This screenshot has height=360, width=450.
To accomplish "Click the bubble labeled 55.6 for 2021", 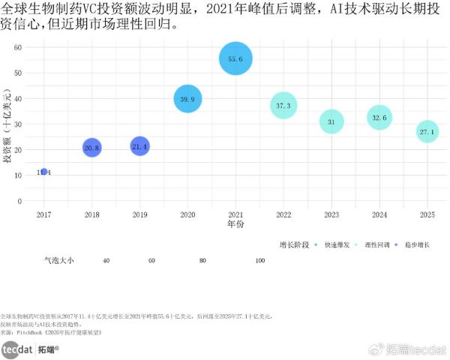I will coord(235,58).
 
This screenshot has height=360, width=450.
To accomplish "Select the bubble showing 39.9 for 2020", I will coord(187,99).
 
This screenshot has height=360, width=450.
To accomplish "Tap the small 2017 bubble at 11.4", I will coord(44,172).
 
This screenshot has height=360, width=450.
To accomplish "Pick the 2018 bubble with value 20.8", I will coord(91,148).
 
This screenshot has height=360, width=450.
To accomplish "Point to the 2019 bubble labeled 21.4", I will coord(139,146).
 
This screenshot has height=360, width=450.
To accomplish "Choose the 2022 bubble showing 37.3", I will coord(283,106).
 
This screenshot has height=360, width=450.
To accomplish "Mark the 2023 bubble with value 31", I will coord(331,121).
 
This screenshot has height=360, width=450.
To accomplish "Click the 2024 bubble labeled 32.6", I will coord(379,118).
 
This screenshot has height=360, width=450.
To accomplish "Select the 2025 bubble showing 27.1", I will coord(427,132).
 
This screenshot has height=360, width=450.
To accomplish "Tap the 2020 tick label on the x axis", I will coord(187,214).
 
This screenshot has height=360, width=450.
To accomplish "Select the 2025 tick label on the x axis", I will coord(427,214).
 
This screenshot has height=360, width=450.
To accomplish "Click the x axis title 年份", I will coord(235,224).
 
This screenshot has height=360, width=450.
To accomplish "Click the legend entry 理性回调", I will coord(378,244).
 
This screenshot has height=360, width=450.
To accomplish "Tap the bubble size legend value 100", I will coord(260,259).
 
